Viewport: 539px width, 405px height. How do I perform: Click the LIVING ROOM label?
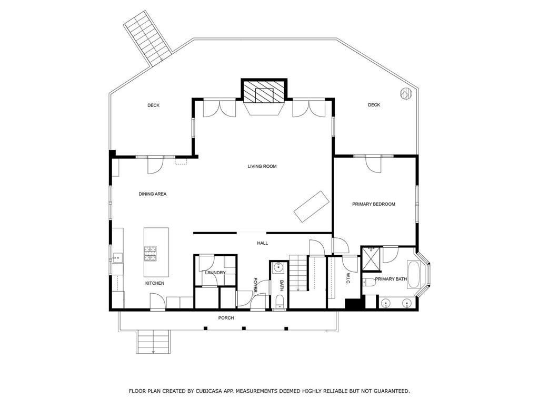pyautogui.click(x=262, y=167)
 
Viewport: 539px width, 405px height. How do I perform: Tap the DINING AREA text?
pyautogui.click(x=153, y=194)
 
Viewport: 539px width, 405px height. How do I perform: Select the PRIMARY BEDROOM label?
pyautogui.click(x=373, y=204)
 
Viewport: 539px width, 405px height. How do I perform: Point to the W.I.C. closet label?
pyautogui.click(x=348, y=279)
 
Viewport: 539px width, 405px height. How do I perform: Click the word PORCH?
pyautogui.click(x=226, y=318)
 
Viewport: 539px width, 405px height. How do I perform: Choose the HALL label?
pyautogui.click(x=262, y=243)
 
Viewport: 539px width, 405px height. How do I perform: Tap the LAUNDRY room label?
pyautogui.click(x=215, y=273)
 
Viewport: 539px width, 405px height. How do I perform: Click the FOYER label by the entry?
pyautogui.click(x=256, y=285)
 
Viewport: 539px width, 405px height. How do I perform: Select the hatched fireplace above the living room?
pyautogui.click(x=264, y=92)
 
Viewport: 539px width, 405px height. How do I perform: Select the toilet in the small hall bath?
pyautogui.click(x=280, y=302)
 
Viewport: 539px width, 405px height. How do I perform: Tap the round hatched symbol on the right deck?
pyautogui.click(x=405, y=93)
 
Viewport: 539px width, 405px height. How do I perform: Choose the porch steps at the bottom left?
pyautogui.click(x=154, y=342)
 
